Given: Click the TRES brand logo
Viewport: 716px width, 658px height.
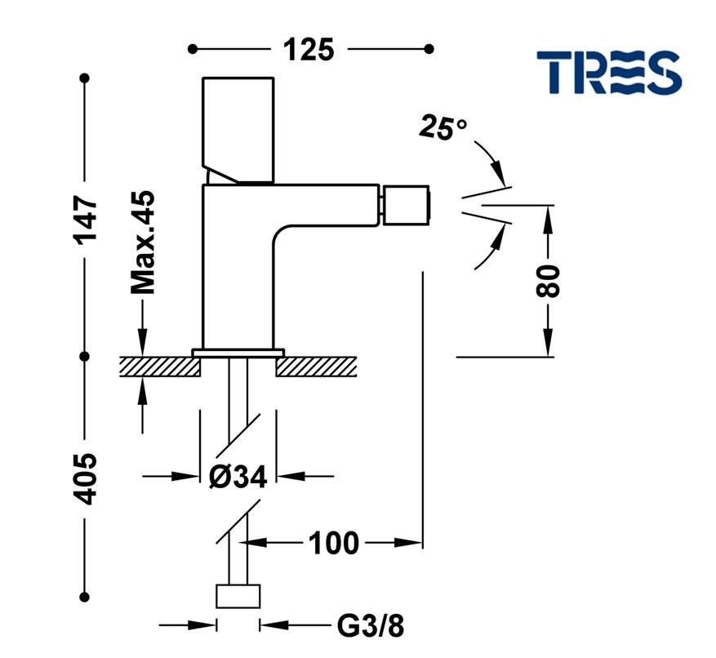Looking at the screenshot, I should (x=608, y=71).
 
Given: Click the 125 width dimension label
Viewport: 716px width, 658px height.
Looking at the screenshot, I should (x=309, y=49).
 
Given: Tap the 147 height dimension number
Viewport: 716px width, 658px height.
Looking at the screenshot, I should (x=86, y=219).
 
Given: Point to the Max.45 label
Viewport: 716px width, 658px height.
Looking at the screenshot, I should (x=143, y=243).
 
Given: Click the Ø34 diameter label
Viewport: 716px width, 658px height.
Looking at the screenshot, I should (x=238, y=476).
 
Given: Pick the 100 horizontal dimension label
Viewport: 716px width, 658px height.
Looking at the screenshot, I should (x=333, y=542).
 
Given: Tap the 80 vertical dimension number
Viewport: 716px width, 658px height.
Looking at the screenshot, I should (x=549, y=281).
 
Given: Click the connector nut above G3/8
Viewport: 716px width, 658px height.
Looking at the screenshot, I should (x=238, y=596).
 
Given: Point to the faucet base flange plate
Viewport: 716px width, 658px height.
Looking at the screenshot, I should (x=238, y=353).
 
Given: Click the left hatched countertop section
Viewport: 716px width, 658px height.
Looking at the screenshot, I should (x=161, y=366).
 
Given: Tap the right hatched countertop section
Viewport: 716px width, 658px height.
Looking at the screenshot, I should (x=317, y=366).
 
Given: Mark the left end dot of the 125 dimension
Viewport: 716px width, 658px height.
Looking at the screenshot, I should (x=192, y=49).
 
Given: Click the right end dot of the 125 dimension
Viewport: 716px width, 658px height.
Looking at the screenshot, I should (x=430, y=49).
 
